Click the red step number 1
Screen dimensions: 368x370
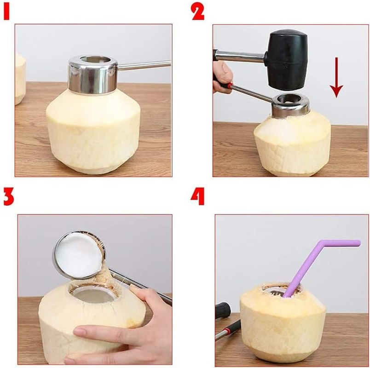pos(6,11)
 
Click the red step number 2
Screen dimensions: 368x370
pos(198,11)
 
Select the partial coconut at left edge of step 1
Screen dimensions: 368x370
pos(20,78)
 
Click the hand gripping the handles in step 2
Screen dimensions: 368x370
pos(223,76)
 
